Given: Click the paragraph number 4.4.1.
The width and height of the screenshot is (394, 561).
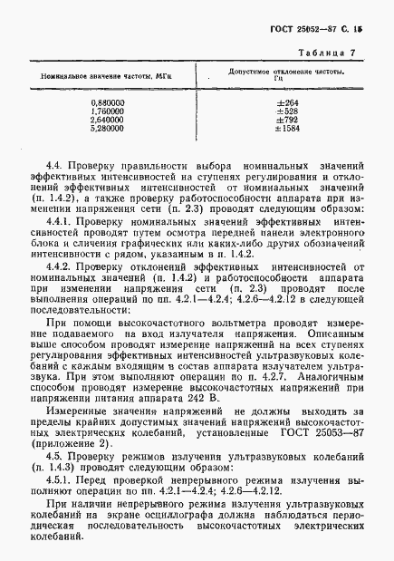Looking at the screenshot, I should click(65, 219).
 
